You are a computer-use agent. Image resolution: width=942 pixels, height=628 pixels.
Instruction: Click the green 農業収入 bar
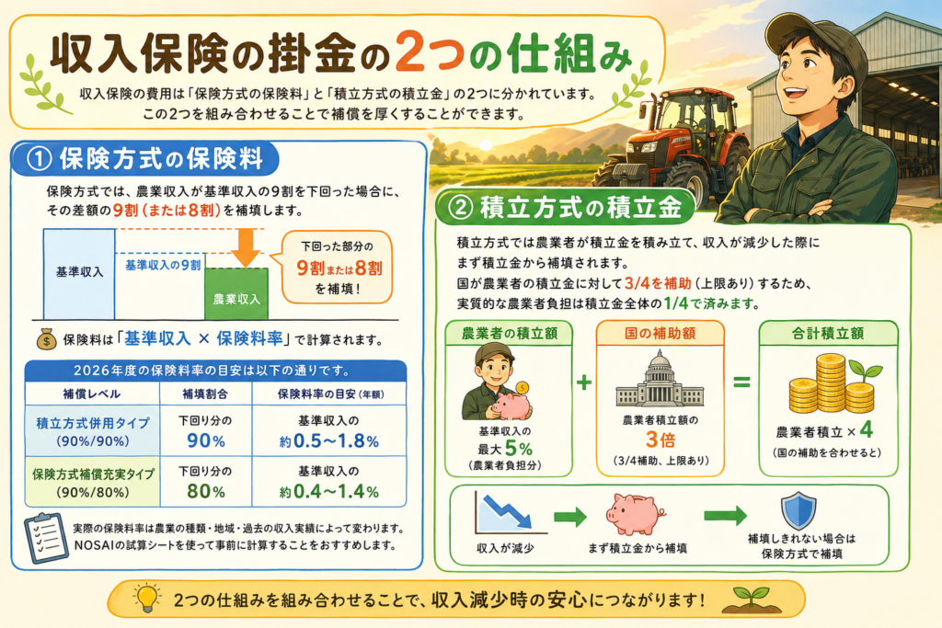236,293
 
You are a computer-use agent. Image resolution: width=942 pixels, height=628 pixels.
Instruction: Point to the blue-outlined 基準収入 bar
79,274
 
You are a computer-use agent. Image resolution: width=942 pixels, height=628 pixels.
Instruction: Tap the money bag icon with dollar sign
47,338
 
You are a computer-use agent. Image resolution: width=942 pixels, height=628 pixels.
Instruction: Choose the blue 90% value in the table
205,440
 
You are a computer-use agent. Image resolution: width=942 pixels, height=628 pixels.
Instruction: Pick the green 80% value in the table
205,491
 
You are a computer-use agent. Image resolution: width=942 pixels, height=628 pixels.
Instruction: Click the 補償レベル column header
91,394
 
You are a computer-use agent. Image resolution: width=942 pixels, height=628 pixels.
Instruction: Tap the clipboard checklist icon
46,537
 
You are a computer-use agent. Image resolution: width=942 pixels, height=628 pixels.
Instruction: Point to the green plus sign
584,383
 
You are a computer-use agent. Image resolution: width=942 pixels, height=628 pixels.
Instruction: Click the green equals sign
742,382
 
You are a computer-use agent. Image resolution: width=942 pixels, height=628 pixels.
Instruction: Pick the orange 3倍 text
661,440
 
